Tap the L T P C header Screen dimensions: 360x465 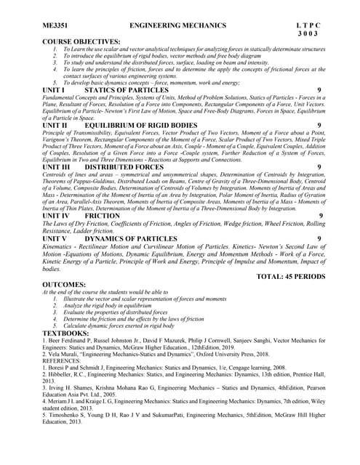pyautogui.click(x=303, y=25)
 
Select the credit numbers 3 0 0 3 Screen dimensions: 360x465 pyautogui.click(x=308, y=34)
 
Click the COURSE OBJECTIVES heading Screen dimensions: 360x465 pyautogui.click(x=81, y=41)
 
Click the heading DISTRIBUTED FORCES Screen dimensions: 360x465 pyautogui.click(x=124, y=167)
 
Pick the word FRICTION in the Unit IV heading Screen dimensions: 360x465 pyautogui.click(x=103, y=216)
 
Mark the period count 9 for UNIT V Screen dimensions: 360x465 pyautogui.click(x=319, y=238)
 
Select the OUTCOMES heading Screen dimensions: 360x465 pyautogui.click(x=69, y=285)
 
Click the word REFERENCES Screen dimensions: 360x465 pyautogui.click(x=66, y=360)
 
